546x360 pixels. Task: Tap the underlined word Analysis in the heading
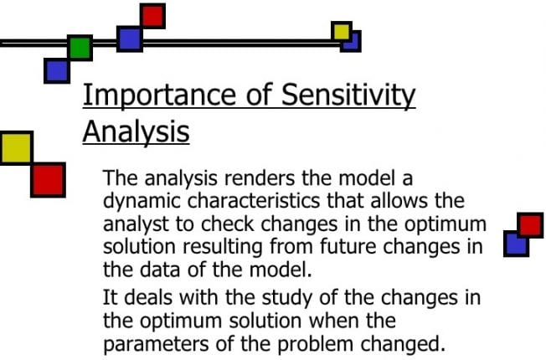pos(135,131)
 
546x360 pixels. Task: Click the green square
pos(80,47)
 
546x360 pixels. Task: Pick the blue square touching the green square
pos(57,69)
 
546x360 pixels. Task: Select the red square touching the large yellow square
pos(48,179)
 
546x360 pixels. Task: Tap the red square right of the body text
pos(530,225)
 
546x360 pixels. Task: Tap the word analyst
pos(132,225)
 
